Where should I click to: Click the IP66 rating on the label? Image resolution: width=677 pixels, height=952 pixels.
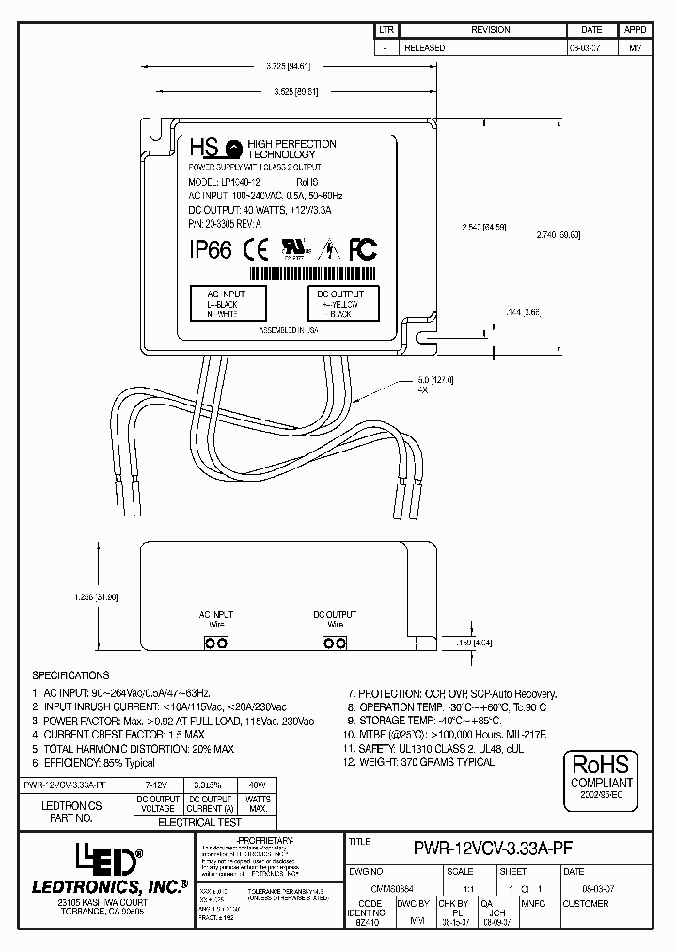[x=211, y=249]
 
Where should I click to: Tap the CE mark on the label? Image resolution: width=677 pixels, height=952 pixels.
[x=255, y=249]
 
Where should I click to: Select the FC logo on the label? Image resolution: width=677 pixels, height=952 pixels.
[x=363, y=249]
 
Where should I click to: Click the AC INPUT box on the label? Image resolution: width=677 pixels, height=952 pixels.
[x=230, y=304]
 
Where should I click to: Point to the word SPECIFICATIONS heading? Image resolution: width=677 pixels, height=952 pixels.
[x=71, y=675]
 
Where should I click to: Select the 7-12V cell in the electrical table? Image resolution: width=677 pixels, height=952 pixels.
[x=156, y=783]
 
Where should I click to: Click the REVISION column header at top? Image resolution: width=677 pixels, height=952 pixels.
[x=491, y=30]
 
